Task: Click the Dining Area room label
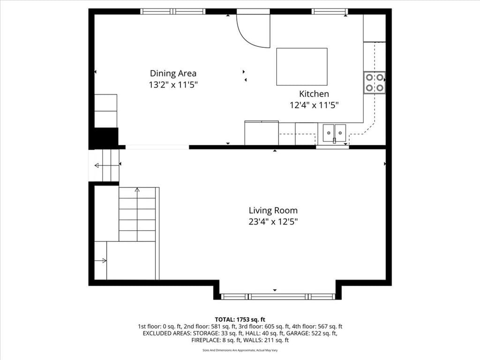coord(173,74)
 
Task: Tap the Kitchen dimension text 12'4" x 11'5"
coord(314,105)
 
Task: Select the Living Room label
coord(273,210)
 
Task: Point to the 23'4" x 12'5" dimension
coord(273,222)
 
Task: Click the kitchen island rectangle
coord(302,67)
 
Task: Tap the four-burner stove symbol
coord(375,82)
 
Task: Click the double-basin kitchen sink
coord(334,133)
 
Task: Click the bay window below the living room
coord(278,296)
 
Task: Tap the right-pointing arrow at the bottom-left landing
coord(100,261)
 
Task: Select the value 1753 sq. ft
coord(251,320)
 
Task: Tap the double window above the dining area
coord(173,11)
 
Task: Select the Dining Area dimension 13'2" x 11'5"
coord(173,85)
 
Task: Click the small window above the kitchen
coord(330,11)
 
